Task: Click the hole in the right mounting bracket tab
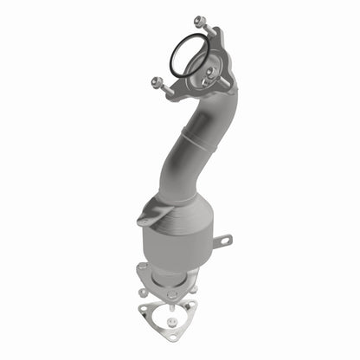point(227,241)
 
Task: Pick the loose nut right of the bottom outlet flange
point(195,288)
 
